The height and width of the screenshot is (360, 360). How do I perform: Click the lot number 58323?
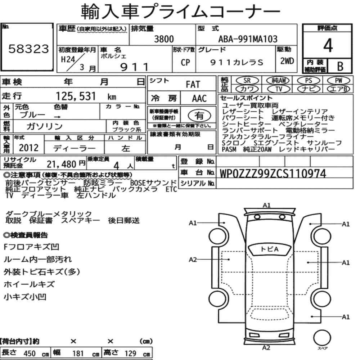29,49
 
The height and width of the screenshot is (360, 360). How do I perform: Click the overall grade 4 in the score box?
328,45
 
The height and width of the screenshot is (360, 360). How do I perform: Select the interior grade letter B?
340,66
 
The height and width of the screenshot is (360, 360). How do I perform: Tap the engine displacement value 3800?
164,39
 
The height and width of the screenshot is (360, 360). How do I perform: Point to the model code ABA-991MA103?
248,39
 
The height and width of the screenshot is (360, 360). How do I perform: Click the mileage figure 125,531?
76,96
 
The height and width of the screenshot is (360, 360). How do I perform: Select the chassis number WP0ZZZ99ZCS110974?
273,174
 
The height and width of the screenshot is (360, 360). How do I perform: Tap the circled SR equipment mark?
247,81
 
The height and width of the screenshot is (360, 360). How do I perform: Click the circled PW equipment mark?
338,81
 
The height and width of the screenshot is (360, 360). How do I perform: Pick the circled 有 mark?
199,116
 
